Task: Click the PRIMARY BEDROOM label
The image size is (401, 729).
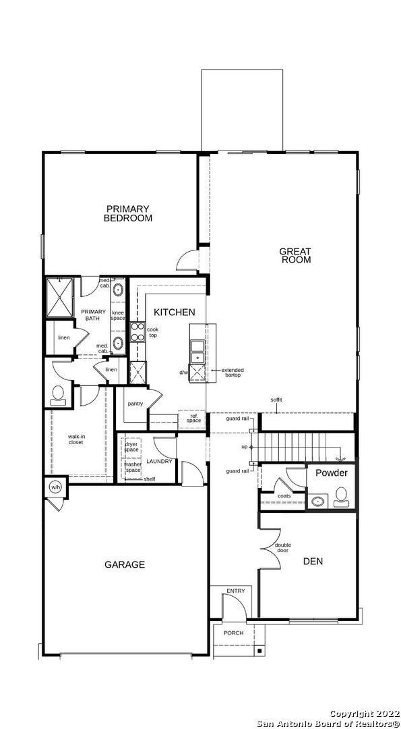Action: coord(127,213)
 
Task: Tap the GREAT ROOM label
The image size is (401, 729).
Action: coord(296,256)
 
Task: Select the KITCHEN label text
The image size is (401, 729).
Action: coord(175,313)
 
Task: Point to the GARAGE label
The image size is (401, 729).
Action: coord(124,564)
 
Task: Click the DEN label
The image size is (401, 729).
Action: coord(313,560)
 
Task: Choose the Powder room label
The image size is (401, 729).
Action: coord(332,473)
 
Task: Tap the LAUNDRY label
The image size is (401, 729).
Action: coord(160,462)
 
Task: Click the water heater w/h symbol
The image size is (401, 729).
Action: coord(55,487)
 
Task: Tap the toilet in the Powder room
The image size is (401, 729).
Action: coord(341,496)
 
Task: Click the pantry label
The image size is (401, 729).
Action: coord(135,404)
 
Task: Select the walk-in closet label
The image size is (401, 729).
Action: coord(75,439)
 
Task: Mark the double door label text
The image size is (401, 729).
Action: coord(282,547)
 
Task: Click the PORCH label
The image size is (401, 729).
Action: coord(235,632)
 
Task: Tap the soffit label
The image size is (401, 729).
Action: coord(276,400)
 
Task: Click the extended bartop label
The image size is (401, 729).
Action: coord(232,373)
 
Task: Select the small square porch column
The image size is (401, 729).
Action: coord(259,651)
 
